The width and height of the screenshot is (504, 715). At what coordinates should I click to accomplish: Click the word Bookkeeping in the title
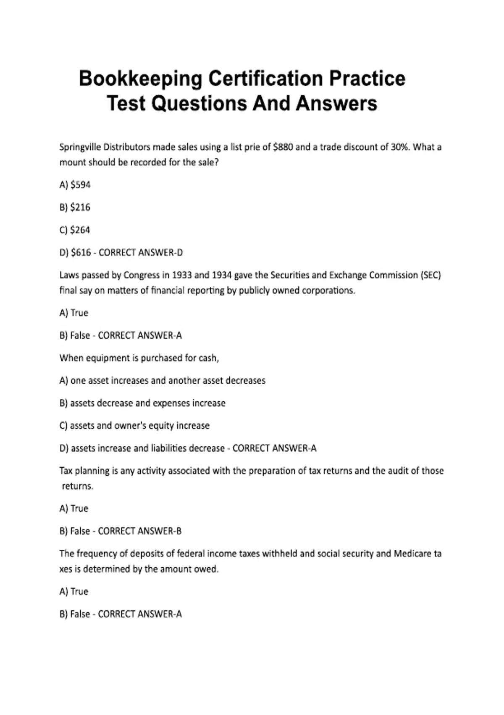pos(140,79)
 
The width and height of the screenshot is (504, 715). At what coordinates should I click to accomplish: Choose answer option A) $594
pos(75,185)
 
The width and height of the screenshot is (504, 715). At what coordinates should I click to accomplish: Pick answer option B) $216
pos(75,207)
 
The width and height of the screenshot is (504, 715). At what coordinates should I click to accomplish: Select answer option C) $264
pos(75,230)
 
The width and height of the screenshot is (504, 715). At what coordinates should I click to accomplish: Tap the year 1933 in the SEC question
pos(181,275)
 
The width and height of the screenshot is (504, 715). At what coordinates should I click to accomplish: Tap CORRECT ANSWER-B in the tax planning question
pos(140,531)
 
